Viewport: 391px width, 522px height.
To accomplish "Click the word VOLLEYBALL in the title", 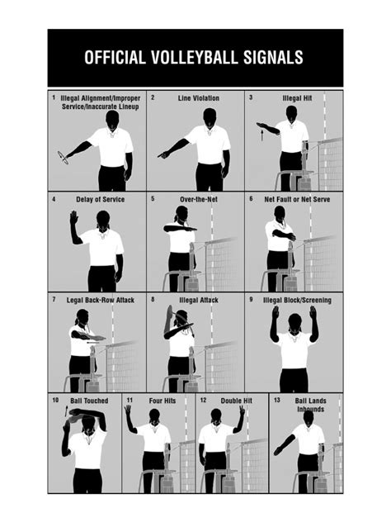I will point(186,58).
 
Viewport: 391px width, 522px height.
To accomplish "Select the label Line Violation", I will point(199,98).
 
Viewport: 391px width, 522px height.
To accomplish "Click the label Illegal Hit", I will point(297,98).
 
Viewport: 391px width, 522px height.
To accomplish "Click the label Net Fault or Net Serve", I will point(297,199).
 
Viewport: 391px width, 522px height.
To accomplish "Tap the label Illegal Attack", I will point(199,300).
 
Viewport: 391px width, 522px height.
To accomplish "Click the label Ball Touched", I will point(88,401).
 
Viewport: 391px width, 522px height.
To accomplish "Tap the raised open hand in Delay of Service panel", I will point(73,217).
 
